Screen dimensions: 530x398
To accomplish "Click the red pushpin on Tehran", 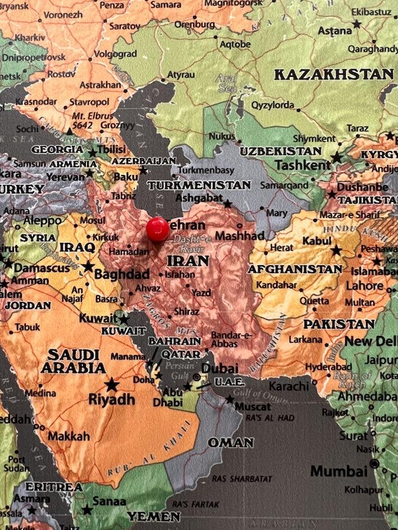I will [158, 229].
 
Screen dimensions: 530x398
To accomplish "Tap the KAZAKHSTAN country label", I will [333, 75].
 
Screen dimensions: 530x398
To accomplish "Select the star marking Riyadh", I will [112, 385].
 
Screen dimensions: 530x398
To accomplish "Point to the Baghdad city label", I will [122, 274].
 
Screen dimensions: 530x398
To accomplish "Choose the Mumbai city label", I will [338, 471].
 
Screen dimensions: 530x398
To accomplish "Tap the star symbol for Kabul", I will [336, 250].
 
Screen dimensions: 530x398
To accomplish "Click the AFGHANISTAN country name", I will [295, 270].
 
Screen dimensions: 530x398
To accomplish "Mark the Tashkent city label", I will [303, 165].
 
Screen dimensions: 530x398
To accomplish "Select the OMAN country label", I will [231, 443].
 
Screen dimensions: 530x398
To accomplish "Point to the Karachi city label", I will [289, 386].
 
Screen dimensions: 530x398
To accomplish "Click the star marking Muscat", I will [230, 399].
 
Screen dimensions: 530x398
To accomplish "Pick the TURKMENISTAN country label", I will [199, 185].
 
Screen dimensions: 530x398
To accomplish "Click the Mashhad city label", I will [239, 236].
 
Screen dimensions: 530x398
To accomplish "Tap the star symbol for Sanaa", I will [87, 510].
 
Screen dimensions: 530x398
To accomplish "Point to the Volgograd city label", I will [115, 54].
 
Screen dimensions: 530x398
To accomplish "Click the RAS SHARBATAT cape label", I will [242, 479].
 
